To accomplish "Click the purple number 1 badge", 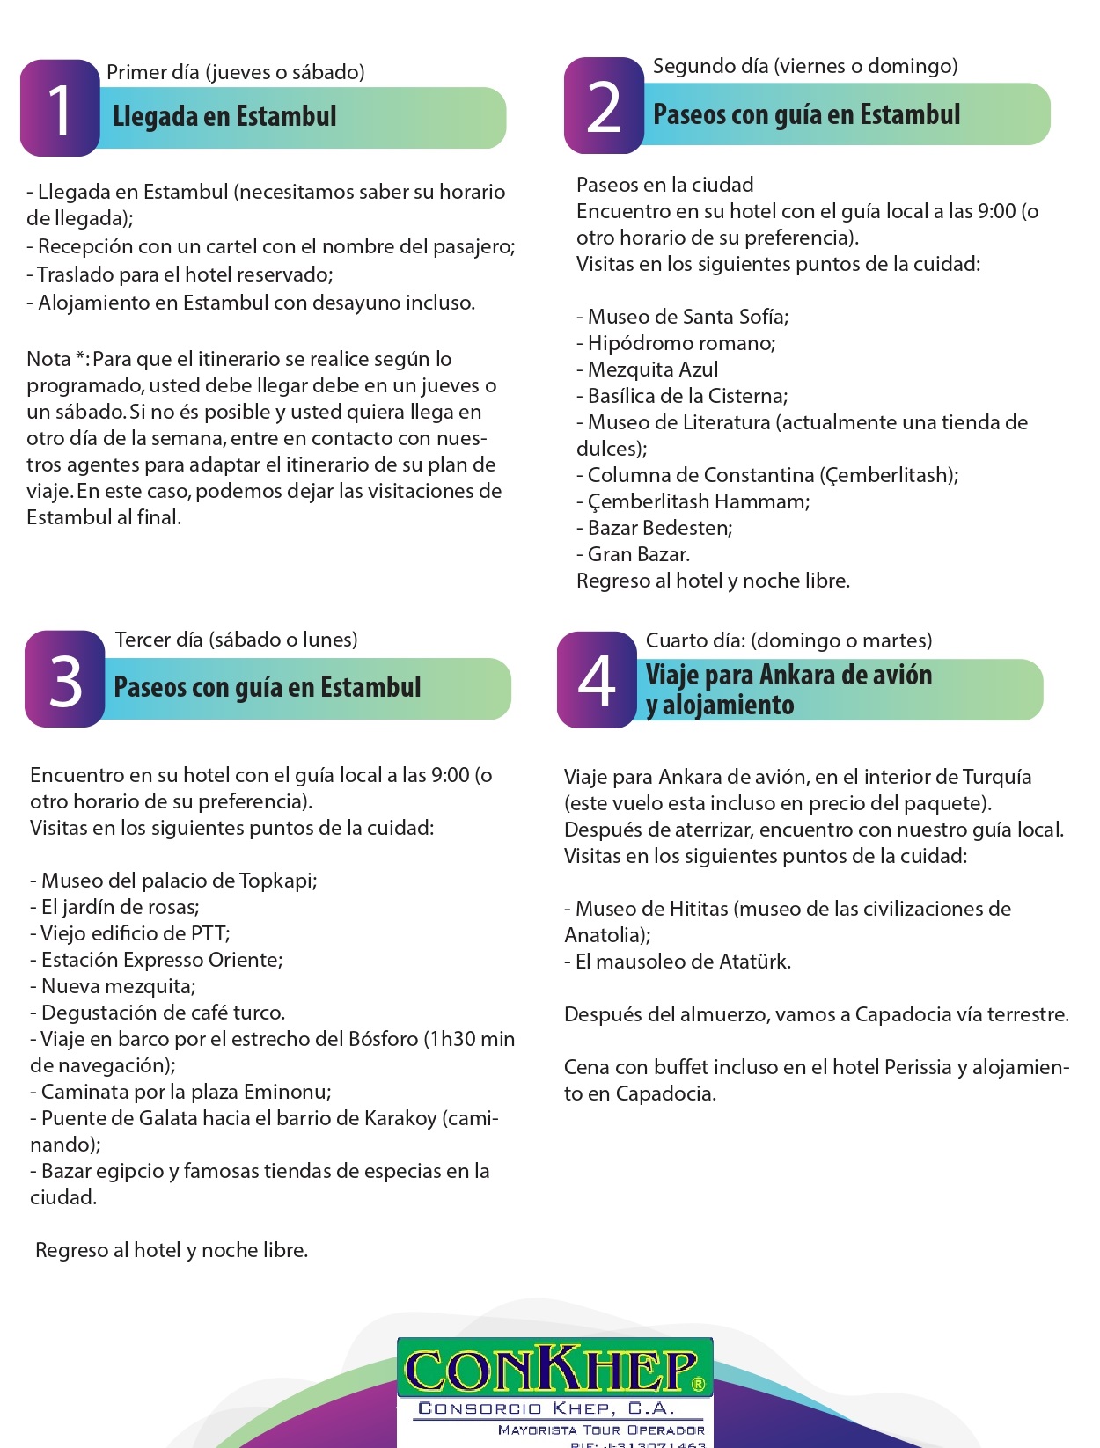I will pyautogui.click(x=59, y=108).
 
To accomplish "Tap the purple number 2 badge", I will pyautogui.click(x=604, y=106).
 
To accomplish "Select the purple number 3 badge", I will pyautogui.click(x=64, y=679).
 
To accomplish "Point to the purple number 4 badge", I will pyautogui.click(x=597, y=680).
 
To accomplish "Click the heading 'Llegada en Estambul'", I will pyautogui.click(x=224, y=116).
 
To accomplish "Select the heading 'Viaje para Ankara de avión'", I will pyautogui.click(x=788, y=676).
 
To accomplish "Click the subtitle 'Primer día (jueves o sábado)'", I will pyautogui.click(x=235, y=72).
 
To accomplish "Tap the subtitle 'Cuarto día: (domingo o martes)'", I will pyautogui.click(x=788, y=640).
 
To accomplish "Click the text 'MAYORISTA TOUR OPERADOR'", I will pyautogui.click(x=601, y=1430).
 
